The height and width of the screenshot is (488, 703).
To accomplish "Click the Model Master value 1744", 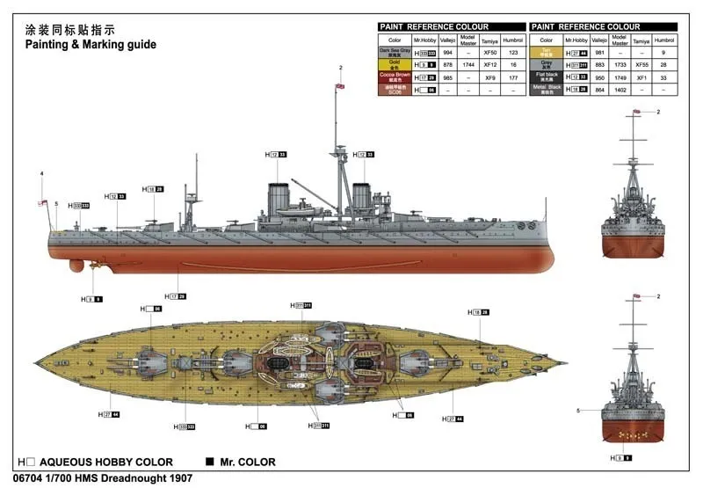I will coord(467,65).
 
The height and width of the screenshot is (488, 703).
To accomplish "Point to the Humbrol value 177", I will coord(514,77).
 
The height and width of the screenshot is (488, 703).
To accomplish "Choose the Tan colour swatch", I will coord(547,53).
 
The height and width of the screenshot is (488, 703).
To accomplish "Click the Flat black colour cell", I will coord(547,77).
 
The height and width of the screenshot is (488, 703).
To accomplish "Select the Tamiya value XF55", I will coord(643,65).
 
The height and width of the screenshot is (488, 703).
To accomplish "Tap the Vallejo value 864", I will coord(600,90).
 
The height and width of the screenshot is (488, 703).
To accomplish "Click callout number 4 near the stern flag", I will coord(41,172).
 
